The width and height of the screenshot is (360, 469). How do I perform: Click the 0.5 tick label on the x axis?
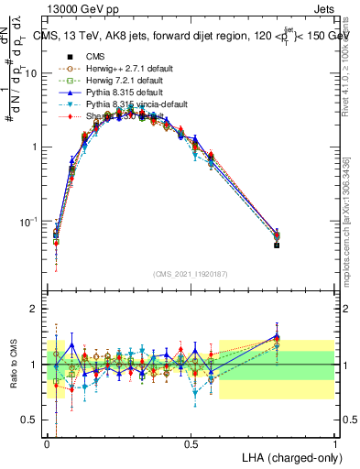[x=191, y=442]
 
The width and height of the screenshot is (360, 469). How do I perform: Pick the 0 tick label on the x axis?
[x=48, y=442]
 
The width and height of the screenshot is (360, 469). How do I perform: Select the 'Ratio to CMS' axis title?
[x=13, y=365]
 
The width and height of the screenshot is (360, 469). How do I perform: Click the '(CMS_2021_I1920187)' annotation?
[x=191, y=274]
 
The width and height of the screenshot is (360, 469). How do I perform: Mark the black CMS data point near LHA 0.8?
[x=277, y=245]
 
